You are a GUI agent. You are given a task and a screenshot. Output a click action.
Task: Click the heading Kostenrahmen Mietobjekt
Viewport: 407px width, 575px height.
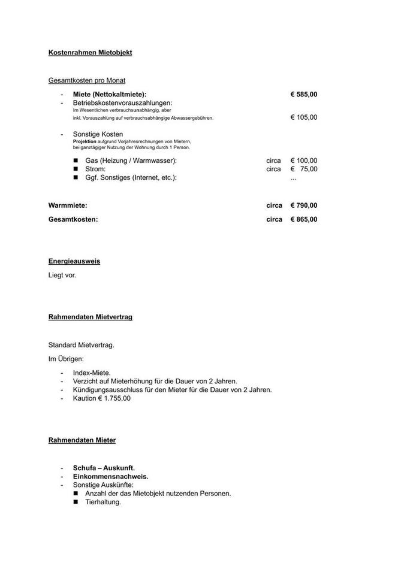point(90,53)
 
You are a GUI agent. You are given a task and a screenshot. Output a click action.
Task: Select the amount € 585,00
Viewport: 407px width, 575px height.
point(304,94)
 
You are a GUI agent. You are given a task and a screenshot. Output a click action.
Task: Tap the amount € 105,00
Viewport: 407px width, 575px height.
point(304,117)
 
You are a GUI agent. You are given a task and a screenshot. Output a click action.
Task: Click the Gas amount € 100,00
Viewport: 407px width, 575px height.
point(304,161)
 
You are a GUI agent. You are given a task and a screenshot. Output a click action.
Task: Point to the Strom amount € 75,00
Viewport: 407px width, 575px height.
point(304,169)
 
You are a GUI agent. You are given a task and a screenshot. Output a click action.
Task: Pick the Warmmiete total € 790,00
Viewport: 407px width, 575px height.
point(304,205)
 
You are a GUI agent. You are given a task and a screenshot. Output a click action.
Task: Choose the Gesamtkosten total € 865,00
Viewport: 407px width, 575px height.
point(304,219)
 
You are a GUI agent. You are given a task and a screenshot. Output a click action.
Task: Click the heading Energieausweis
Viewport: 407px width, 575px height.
point(74,262)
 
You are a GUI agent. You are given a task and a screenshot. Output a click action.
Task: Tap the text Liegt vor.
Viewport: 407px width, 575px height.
point(62,276)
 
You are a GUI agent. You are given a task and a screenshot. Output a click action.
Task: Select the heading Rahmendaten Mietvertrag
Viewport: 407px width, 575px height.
point(90,317)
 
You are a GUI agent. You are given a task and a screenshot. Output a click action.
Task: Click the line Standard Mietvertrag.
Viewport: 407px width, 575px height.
point(81,345)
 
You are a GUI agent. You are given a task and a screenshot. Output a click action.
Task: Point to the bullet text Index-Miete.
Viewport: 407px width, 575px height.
point(92,373)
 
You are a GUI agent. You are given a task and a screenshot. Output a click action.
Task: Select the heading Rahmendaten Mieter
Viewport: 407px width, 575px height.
point(82,440)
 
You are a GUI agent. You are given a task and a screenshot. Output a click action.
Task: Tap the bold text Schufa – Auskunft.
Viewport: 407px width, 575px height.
point(104,468)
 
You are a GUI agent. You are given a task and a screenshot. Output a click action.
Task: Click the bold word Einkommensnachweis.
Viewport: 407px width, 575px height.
point(110,476)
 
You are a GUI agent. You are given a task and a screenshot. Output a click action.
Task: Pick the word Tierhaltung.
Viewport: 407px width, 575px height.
point(103,502)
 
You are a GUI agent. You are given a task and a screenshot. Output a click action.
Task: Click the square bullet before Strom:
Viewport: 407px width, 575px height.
point(76,169)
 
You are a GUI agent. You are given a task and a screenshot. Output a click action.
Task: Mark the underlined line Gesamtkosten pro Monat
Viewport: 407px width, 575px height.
point(87,80)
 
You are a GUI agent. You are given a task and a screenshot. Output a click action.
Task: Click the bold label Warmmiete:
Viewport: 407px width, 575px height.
point(68,205)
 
